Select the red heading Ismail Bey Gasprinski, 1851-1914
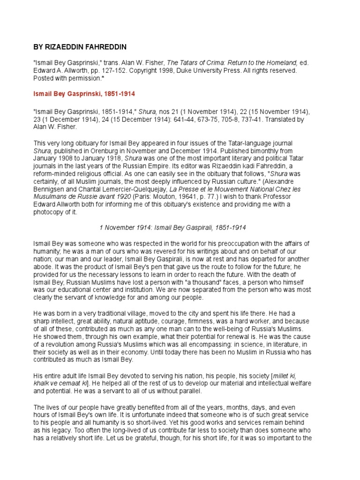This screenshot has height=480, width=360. tap(84, 94)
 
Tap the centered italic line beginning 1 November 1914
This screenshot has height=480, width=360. tap(173, 227)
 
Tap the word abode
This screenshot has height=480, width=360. tap(42, 267)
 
